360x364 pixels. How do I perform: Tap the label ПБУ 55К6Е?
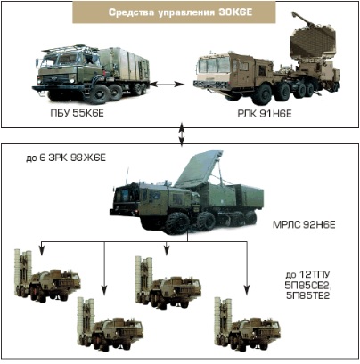click(78, 113)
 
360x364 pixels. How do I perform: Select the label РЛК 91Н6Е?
click(265, 114)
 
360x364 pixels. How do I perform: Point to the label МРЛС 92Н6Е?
click(304, 225)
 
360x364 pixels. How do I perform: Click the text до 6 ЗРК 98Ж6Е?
click(66, 158)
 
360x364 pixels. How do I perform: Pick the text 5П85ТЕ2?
click(307, 295)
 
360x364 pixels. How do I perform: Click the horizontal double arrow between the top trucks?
click(167, 85)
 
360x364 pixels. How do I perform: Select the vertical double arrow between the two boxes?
click(182, 134)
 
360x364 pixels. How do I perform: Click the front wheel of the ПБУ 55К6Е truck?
click(98, 94)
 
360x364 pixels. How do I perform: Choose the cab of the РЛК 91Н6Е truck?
click(213, 69)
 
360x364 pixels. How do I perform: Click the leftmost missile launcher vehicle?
click(47, 276)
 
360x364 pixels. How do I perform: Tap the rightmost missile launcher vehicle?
click(247, 324)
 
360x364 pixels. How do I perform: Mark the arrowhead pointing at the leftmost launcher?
click(42, 251)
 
